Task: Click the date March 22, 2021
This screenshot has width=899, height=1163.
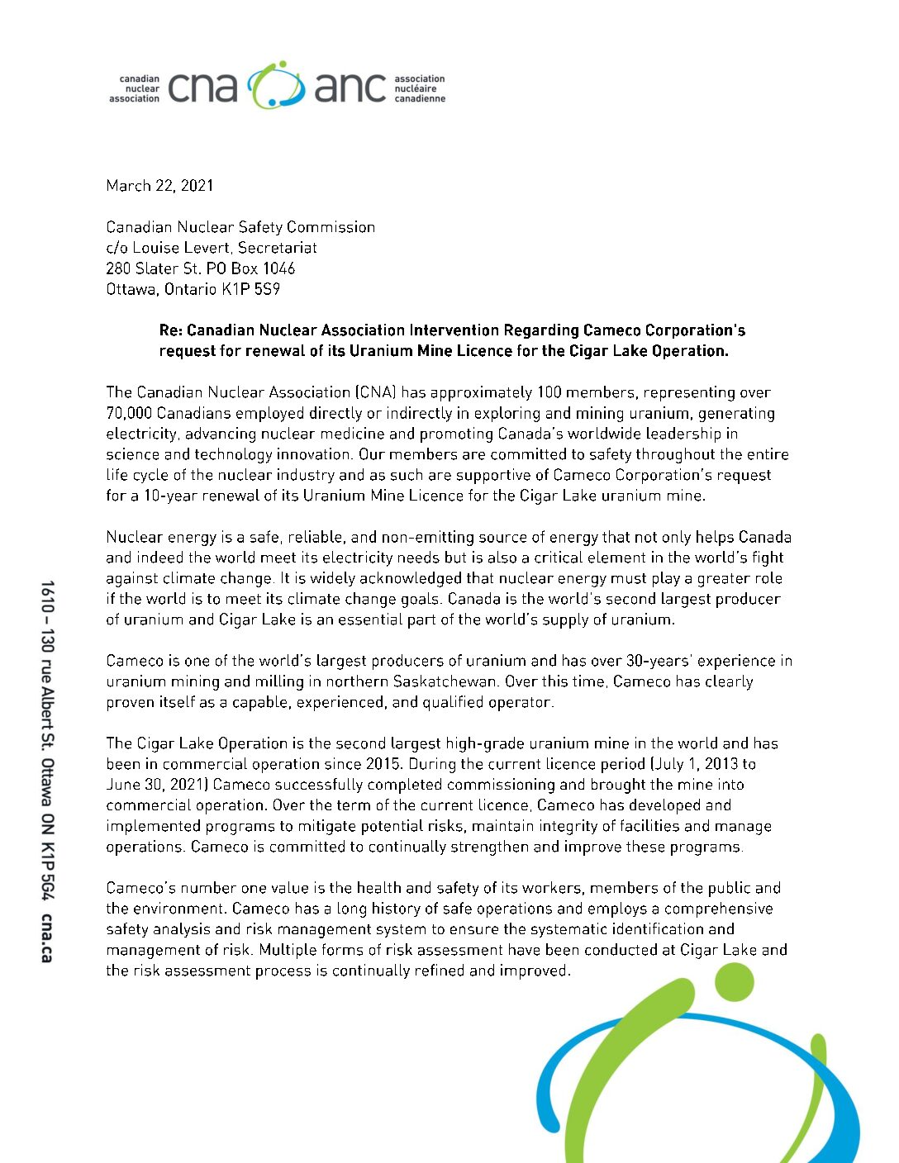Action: click(159, 186)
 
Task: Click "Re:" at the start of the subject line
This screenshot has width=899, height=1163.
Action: click(170, 330)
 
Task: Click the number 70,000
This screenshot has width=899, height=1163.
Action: click(130, 413)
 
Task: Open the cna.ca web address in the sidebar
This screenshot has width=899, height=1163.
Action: click(46, 938)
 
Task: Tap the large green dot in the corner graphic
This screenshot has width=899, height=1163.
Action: click(733, 981)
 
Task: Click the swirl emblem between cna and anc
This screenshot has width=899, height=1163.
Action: click(276, 85)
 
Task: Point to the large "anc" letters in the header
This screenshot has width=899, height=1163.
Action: click(350, 87)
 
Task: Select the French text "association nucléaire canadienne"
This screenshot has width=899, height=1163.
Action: click(420, 88)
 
